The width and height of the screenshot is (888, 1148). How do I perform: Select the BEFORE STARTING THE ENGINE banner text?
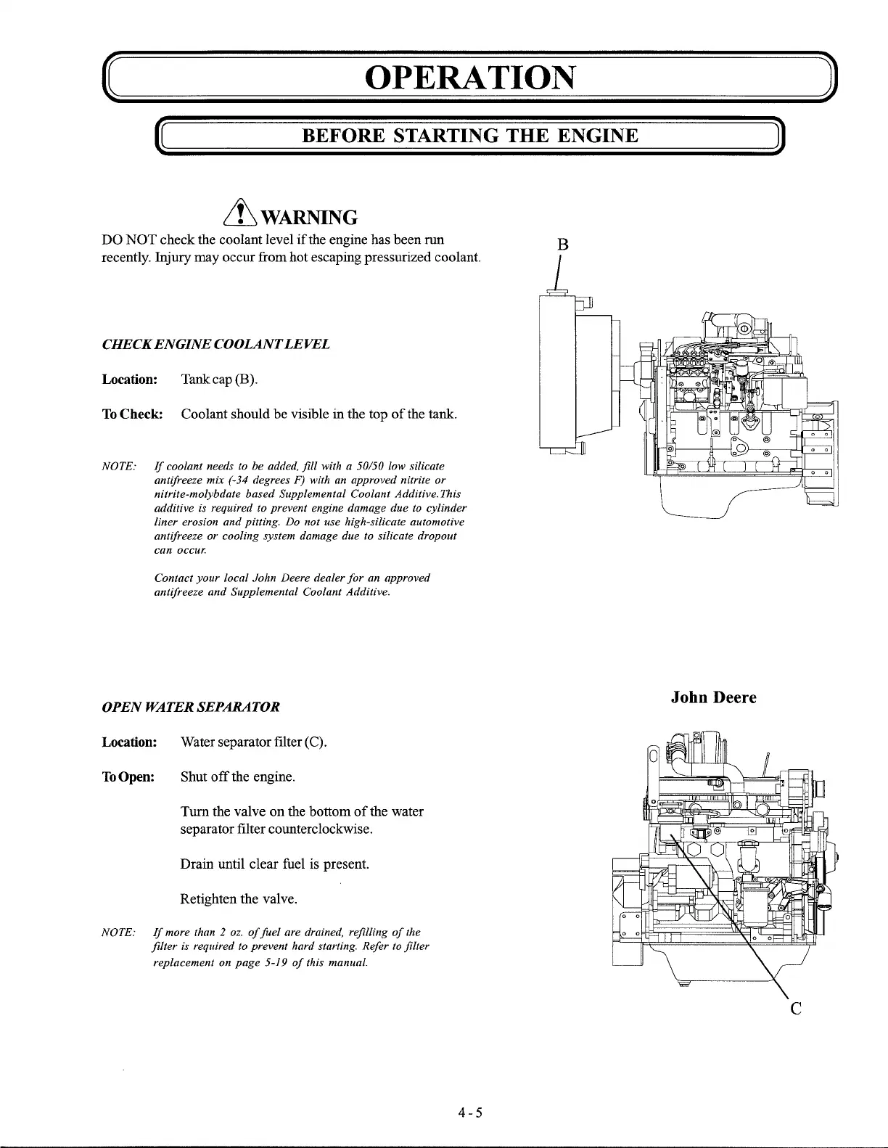(x=469, y=136)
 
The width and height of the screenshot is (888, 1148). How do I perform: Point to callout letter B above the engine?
(x=562, y=245)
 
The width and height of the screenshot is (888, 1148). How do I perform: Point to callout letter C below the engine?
(x=795, y=1009)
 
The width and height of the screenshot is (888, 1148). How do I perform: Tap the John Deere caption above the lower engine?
(x=713, y=697)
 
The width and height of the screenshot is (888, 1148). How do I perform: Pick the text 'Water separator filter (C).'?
(x=253, y=742)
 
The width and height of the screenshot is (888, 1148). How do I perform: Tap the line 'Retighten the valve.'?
(x=239, y=900)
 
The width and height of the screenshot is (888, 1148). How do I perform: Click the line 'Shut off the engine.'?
(x=237, y=777)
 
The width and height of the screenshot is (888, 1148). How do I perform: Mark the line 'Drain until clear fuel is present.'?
(x=275, y=864)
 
